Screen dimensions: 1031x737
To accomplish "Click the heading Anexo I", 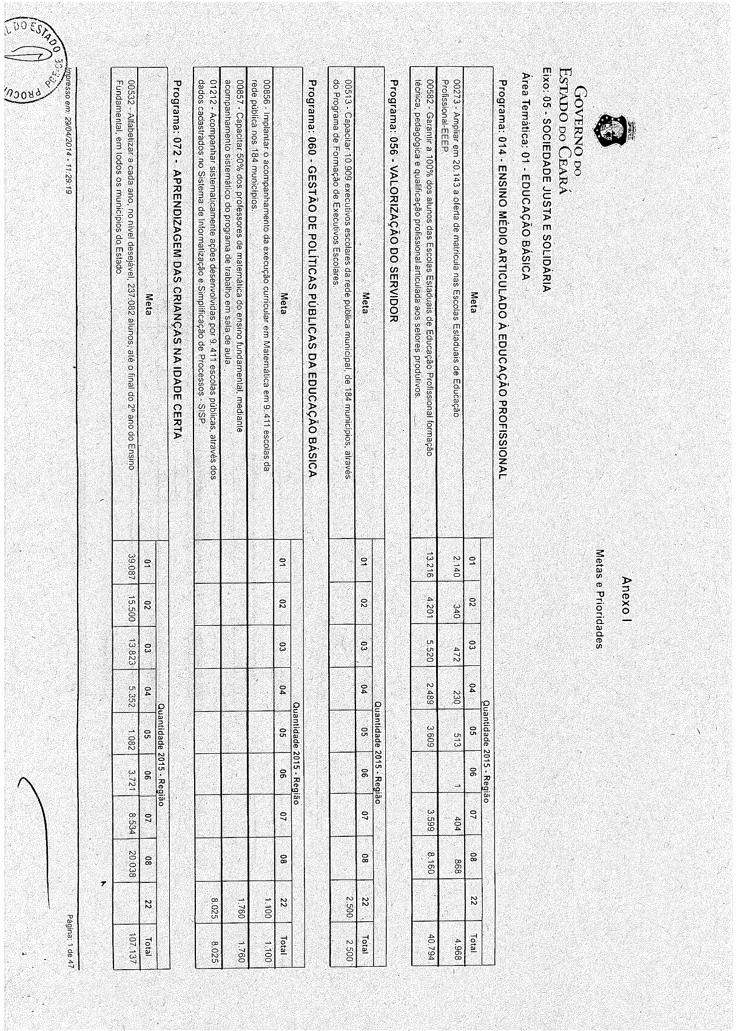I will tap(627, 597).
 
